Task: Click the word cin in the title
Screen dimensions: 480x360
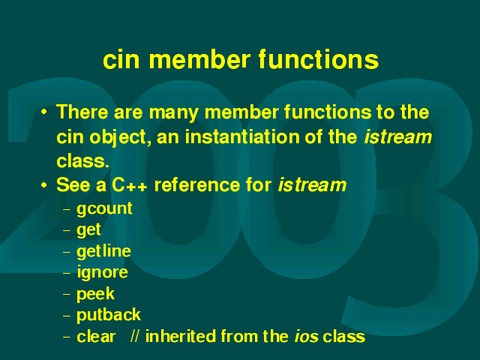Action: coord(121,59)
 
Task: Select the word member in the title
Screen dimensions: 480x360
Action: coord(199,59)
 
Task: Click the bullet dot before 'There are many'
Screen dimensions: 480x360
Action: coord(44,112)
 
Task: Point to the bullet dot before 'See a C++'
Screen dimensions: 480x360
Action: coord(44,185)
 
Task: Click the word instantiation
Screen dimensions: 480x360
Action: coord(241,136)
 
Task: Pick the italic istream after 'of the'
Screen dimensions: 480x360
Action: coord(398,136)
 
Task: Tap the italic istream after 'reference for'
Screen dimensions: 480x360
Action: coord(312,185)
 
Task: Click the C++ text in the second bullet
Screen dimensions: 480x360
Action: coord(130,185)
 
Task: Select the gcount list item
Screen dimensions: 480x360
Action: coord(104,209)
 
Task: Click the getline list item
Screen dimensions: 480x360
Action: coord(103,251)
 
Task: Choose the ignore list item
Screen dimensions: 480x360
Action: coord(102,272)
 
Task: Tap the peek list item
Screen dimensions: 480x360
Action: coord(95,294)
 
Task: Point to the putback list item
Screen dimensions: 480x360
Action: coord(109,315)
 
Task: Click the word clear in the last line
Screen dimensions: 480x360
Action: coord(96,336)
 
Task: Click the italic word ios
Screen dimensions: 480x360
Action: coord(307,337)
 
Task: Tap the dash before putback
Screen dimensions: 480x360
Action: coord(67,316)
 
